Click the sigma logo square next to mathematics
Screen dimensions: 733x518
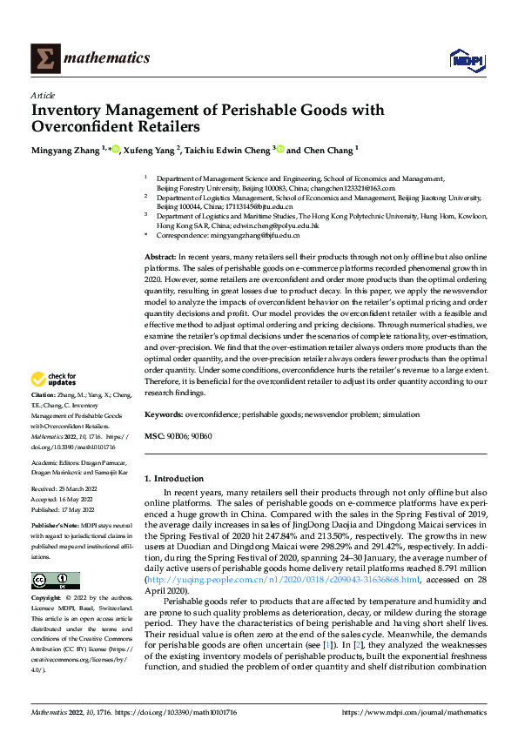[44, 58]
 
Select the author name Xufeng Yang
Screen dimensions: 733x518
[151, 150]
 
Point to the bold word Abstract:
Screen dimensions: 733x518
[159, 258]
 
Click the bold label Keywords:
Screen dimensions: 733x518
[163, 414]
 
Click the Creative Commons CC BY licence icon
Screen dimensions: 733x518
[55, 581]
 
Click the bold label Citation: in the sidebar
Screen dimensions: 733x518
[44, 419]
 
